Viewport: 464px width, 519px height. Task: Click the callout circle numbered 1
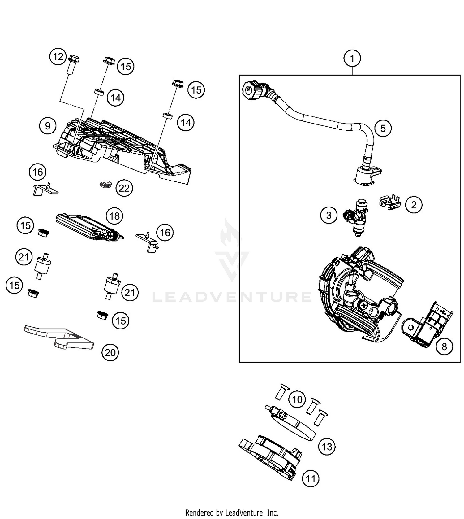pyautogui.click(x=352, y=58)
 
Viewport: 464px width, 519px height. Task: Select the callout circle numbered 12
pyautogui.click(x=58, y=57)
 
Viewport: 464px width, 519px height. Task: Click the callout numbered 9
pyautogui.click(x=48, y=126)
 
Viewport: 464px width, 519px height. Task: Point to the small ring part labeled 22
pyautogui.click(x=106, y=184)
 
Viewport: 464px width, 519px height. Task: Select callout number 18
pyautogui.click(x=114, y=216)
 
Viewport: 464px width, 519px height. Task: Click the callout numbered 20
pyautogui.click(x=110, y=352)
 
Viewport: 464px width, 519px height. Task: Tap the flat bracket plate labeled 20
pyautogui.click(x=59, y=338)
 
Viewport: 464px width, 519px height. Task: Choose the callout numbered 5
pyautogui.click(x=383, y=128)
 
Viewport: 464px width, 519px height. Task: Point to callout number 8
pyautogui.click(x=444, y=347)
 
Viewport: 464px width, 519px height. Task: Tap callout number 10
pyautogui.click(x=297, y=399)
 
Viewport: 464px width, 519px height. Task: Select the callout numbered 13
pyautogui.click(x=327, y=447)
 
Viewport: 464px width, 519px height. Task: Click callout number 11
pyautogui.click(x=310, y=479)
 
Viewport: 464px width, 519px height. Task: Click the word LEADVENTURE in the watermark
pyautogui.click(x=232, y=297)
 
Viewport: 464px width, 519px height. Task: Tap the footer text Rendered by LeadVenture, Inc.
pyautogui.click(x=232, y=512)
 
